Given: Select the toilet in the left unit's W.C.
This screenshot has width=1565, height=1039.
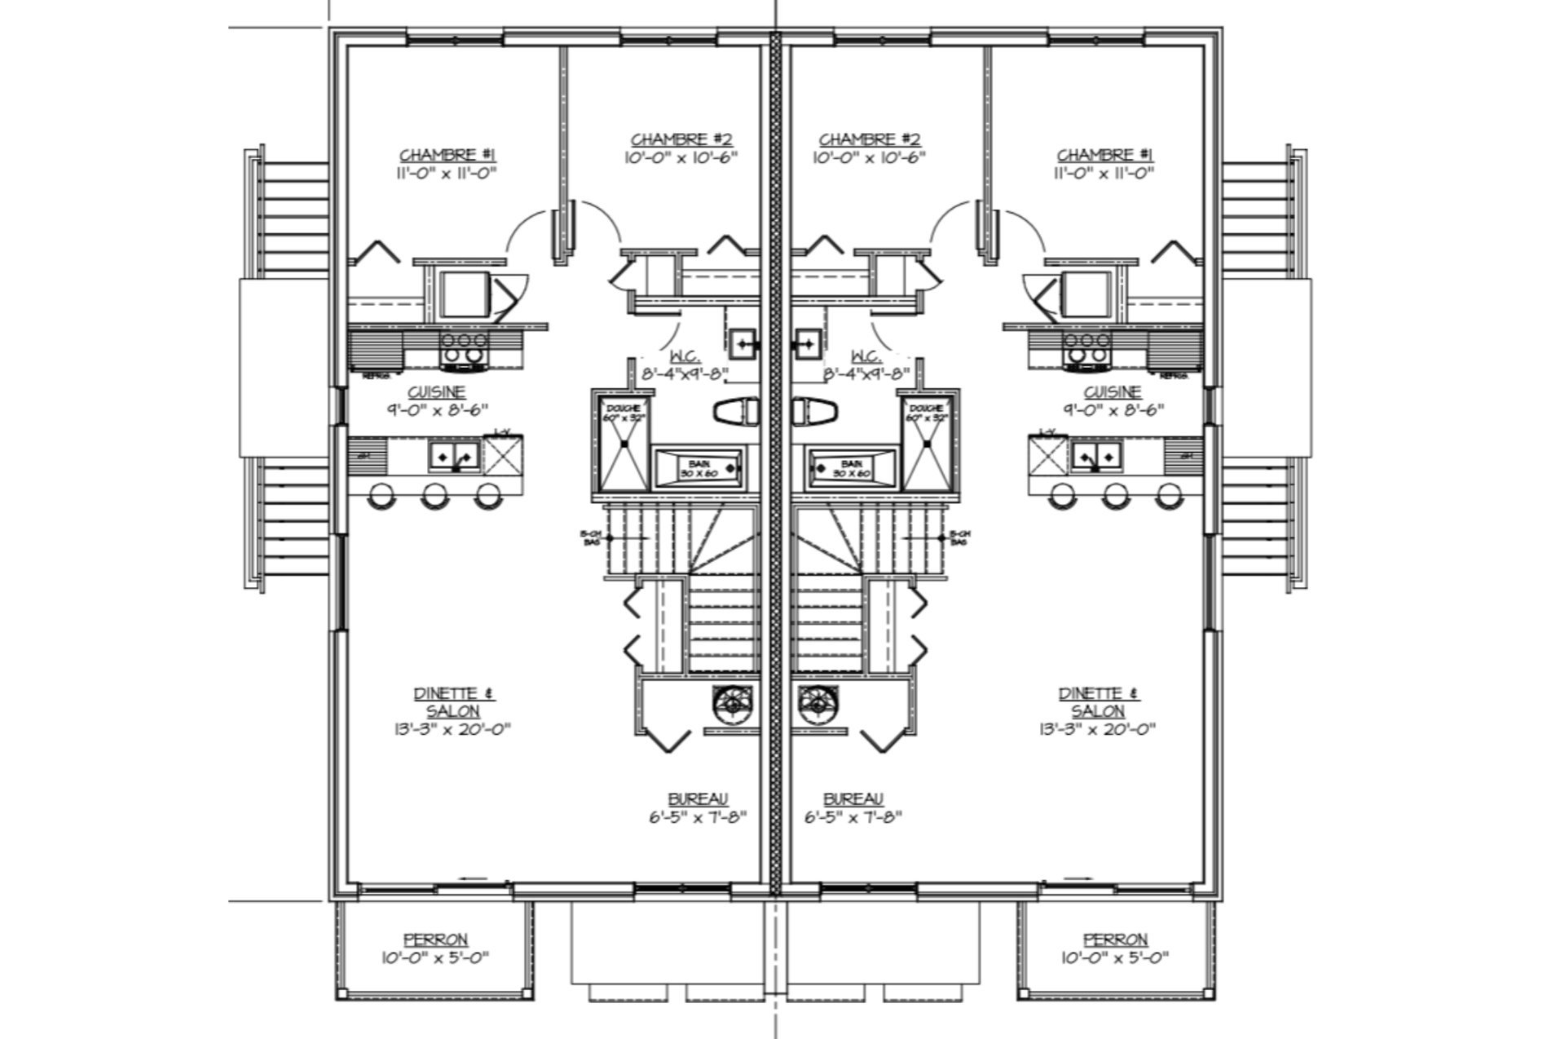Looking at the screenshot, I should pyautogui.click(x=735, y=412).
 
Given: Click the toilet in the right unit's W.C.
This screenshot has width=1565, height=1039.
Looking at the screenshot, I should pyautogui.click(x=816, y=412).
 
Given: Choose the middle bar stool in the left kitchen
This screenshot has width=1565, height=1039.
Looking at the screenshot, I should pyautogui.click(x=433, y=495).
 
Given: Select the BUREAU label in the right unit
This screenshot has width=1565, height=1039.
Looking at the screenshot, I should pyautogui.click(x=853, y=799).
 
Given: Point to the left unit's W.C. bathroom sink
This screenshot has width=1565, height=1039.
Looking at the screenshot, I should pyautogui.click(x=743, y=343).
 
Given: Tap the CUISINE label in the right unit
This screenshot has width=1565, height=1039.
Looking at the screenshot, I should pyautogui.click(x=1112, y=392).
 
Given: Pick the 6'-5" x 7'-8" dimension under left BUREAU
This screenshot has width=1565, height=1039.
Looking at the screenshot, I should pyautogui.click(x=698, y=816).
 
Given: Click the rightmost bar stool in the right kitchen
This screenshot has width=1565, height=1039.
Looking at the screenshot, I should pyautogui.click(x=1168, y=495).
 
